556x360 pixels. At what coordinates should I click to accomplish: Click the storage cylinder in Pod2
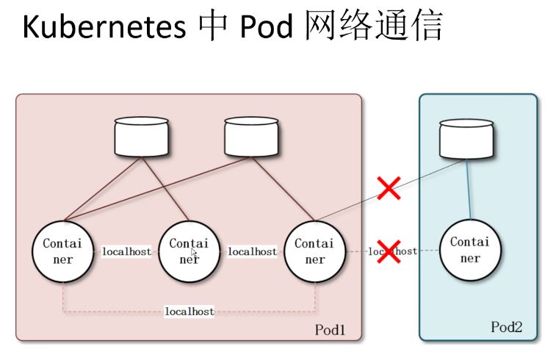pos(466,139)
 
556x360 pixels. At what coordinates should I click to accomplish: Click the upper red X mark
pos(389,189)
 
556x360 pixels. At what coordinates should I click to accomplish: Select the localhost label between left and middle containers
pos(126,252)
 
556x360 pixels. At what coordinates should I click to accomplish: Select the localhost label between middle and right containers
pos(253,252)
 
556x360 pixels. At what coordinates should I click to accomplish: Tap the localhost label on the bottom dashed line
pos(189,312)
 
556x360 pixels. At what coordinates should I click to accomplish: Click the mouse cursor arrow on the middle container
pos(194,252)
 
